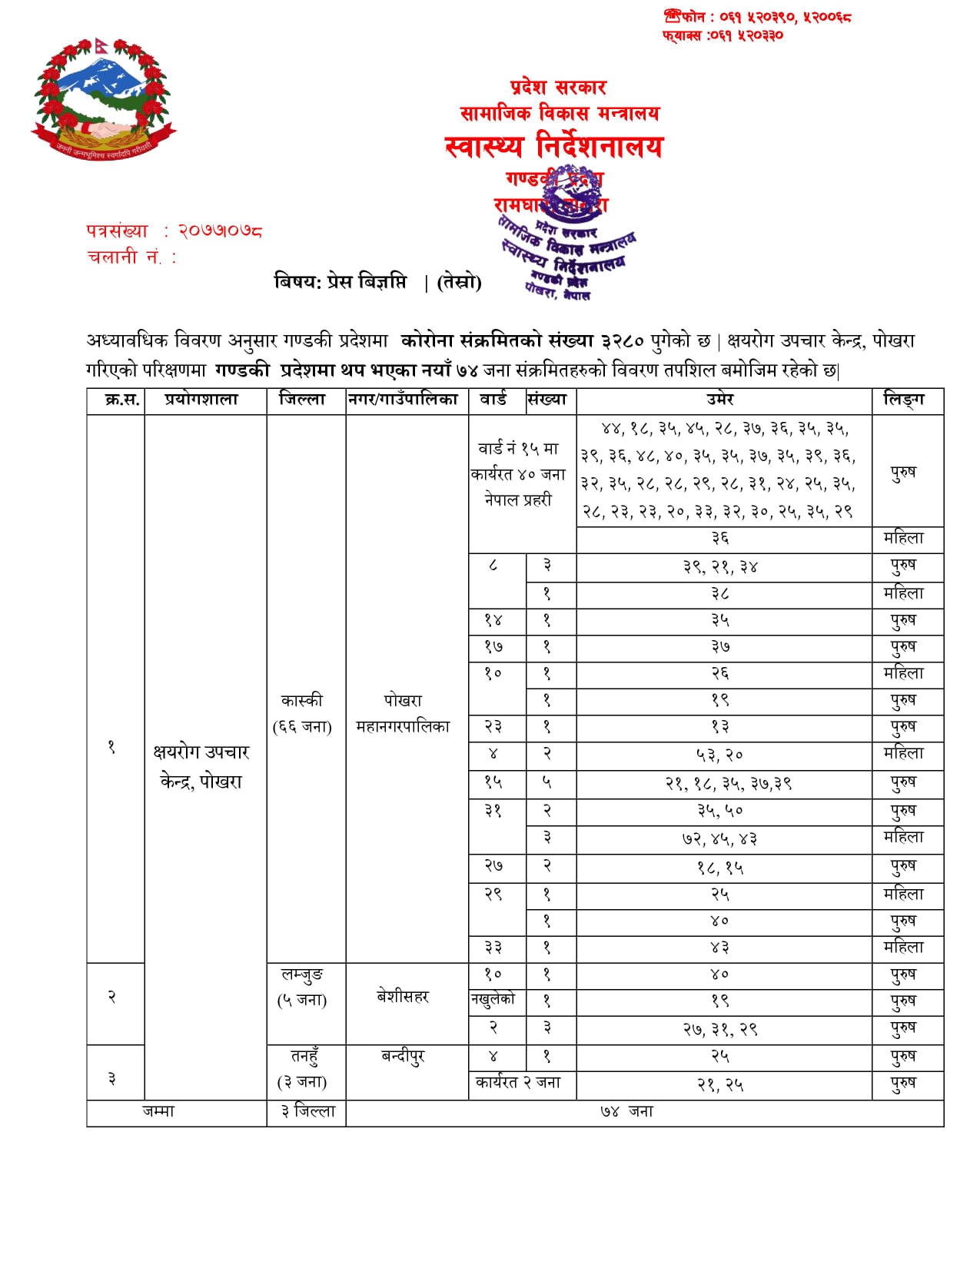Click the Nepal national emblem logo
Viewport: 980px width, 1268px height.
coord(103,97)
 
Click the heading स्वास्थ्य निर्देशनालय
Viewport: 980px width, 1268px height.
coord(553,146)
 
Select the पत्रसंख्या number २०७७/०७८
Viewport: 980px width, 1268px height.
coord(221,231)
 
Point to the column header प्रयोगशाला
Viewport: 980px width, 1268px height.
coord(202,400)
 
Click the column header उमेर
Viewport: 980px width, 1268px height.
coord(720,400)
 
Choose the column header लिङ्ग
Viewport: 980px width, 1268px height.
coord(904,400)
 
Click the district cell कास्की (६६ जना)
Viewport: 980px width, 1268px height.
coord(302,713)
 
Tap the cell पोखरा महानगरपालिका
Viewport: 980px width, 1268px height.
coord(403,713)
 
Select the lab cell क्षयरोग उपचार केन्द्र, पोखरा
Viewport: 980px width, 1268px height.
coord(201,766)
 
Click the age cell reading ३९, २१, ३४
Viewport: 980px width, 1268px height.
coord(720,567)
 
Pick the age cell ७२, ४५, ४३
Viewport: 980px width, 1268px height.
coord(720,838)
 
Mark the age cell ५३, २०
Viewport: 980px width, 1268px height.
coord(720,755)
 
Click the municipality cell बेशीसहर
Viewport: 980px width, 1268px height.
coord(403,997)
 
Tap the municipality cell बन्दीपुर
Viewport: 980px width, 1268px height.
coord(403,1057)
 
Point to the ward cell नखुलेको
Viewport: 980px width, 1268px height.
coord(493,999)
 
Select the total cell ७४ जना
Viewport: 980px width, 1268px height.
coord(626,1111)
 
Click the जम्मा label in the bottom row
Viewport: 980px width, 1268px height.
coord(158,1111)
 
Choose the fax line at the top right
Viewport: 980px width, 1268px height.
coord(723,35)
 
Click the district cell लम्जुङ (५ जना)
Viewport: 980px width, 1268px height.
coord(302,988)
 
